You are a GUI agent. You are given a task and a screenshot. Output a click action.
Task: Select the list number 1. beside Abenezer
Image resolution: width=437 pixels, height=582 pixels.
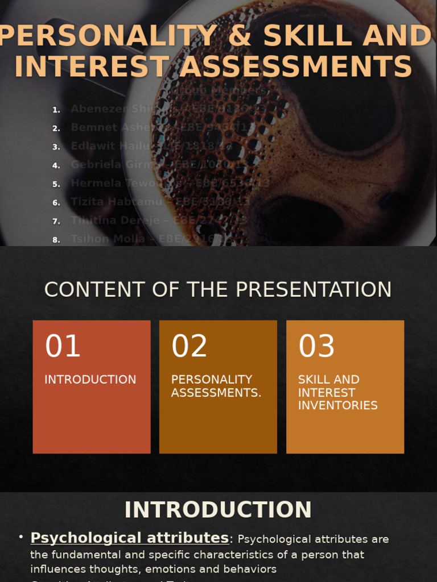[56, 110]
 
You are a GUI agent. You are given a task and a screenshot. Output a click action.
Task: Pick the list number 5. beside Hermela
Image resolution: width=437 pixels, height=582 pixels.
[56, 184]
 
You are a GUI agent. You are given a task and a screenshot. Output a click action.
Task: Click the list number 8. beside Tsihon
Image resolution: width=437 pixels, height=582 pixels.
[56, 240]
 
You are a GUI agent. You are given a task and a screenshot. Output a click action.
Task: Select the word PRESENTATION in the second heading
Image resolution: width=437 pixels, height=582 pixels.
[313, 290]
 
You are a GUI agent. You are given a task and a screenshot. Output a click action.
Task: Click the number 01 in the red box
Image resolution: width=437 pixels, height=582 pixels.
[63, 346]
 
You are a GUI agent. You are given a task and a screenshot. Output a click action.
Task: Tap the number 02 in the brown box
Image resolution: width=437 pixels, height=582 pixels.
[189, 346]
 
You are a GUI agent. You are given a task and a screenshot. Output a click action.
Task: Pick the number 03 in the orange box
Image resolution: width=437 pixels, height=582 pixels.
[317, 346]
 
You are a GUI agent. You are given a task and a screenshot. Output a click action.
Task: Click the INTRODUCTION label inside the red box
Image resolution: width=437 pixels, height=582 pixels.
[90, 380]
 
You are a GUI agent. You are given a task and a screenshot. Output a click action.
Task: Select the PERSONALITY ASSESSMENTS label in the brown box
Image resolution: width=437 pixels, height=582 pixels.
[216, 386]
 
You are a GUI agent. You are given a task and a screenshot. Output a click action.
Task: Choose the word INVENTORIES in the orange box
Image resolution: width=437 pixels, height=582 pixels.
[337, 406]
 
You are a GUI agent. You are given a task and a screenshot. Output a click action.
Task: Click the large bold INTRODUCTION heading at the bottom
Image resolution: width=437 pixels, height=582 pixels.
[218, 510]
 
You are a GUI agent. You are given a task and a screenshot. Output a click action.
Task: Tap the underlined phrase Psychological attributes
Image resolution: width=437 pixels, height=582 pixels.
[130, 538]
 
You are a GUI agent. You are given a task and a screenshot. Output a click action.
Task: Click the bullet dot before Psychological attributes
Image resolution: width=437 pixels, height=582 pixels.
[21, 537]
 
